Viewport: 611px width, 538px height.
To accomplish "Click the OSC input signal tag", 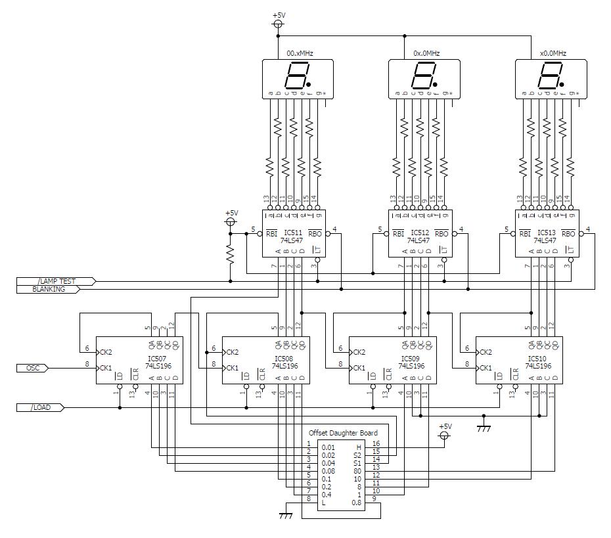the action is [x=33, y=368].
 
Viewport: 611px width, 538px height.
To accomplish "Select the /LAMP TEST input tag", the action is [x=56, y=281].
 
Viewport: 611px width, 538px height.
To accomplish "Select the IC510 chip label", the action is [x=537, y=359].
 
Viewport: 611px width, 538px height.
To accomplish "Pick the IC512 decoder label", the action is [x=420, y=233].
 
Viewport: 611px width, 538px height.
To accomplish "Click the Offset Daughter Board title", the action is [x=343, y=433].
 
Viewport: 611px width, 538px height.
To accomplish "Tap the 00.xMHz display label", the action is [x=300, y=53].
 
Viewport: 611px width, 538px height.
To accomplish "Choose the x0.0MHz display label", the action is [x=553, y=53].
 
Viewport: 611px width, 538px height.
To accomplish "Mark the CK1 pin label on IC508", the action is [x=232, y=368].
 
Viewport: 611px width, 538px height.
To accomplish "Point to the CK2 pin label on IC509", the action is [x=359, y=352].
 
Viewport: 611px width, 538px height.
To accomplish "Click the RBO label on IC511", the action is [x=315, y=233].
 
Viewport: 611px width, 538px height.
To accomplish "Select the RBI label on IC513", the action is [x=525, y=233].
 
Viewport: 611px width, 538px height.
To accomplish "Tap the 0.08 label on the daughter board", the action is [x=328, y=471].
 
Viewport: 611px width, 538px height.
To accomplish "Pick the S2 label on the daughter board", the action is [x=357, y=455].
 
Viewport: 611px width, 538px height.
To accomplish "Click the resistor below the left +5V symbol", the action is [x=231, y=255].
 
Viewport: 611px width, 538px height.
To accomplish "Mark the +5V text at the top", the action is [x=279, y=15].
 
